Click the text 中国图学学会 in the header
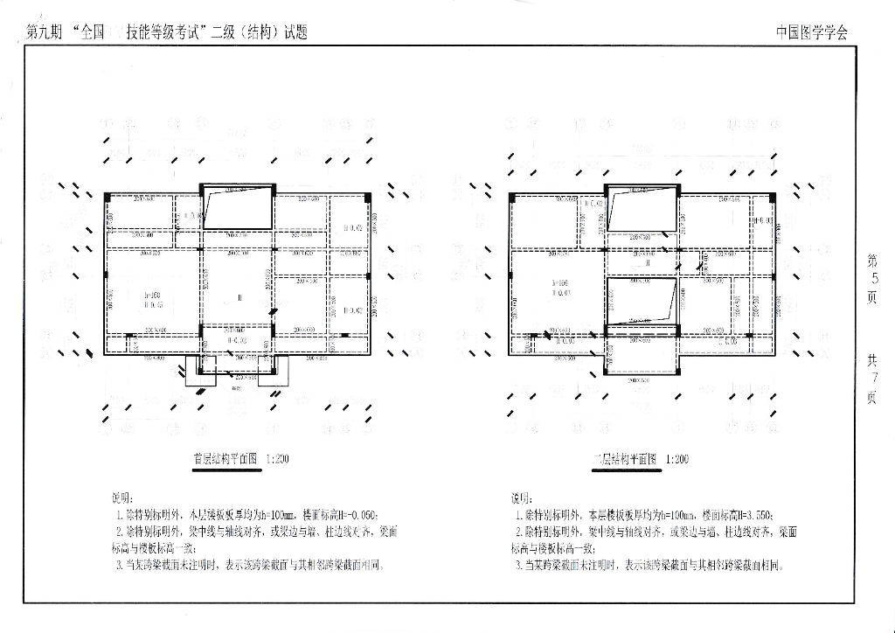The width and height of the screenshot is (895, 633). (x=811, y=33)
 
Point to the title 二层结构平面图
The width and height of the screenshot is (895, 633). (x=624, y=459)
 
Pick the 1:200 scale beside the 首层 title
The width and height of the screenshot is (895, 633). (x=278, y=459)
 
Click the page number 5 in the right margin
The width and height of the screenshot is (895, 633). (x=871, y=279)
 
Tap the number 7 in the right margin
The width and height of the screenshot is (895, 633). (x=871, y=378)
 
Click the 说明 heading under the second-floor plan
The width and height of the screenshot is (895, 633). (x=521, y=497)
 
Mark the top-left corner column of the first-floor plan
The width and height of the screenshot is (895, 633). (x=106, y=195)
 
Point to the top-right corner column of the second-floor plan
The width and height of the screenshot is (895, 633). (x=773, y=196)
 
